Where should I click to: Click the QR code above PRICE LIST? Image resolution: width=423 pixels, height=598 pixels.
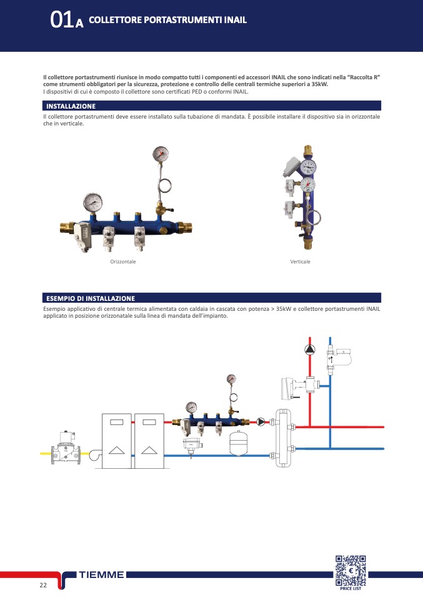click(x=351, y=571)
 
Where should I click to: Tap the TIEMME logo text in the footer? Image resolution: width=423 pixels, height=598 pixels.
click(x=102, y=575)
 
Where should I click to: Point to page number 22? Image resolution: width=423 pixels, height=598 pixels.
click(x=43, y=585)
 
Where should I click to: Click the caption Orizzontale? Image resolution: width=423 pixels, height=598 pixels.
click(x=123, y=262)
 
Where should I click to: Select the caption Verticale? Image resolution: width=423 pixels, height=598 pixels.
click(x=300, y=262)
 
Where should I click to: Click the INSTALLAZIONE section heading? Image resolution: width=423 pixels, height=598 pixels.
click(x=71, y=106)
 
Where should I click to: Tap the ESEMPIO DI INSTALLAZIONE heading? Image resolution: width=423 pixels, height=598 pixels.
click(x=91, y=298)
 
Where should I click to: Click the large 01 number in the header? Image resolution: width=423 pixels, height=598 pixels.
click(x=62, y=19)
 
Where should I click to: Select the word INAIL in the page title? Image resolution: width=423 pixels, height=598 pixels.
click(x=235, y=20)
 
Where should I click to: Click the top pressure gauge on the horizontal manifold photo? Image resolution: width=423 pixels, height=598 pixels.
click(x=161, y=154)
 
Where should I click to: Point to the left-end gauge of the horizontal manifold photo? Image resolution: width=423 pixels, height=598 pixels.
click(x=92, y=202)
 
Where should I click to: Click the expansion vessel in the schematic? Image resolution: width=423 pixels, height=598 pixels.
click(x=238, y=443)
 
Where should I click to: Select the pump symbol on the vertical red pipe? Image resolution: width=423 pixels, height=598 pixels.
click(x=310, y=349)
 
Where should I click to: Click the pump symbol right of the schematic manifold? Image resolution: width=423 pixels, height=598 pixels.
click(x=261, y=422)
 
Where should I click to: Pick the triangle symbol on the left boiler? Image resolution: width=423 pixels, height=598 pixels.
click(x=116, y=451)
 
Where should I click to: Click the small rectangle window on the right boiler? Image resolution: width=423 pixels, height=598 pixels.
click(x=149, y=422)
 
